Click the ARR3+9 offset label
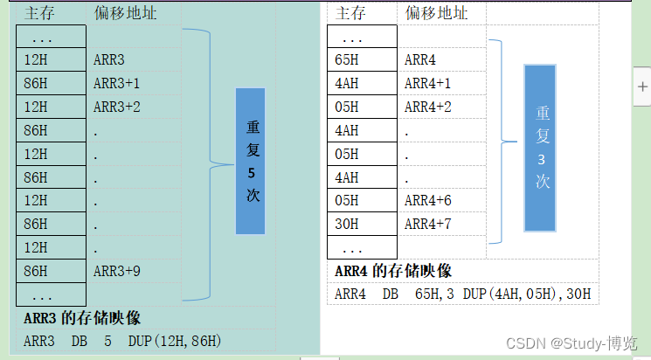point(117,271)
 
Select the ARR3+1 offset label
point(117,83)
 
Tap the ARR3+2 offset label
point(117,107)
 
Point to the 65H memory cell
point(347,60)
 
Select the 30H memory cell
point(347,224)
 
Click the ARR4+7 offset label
point(428,224)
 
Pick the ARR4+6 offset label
point(428,200)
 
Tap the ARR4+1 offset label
point(428,83)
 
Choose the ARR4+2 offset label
point(428,107)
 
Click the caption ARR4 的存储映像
point(392,271)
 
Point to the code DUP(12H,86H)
point(174,341)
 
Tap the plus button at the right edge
point(642,87)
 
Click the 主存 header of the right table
point(350,13)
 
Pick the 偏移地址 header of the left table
point(125,13)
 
